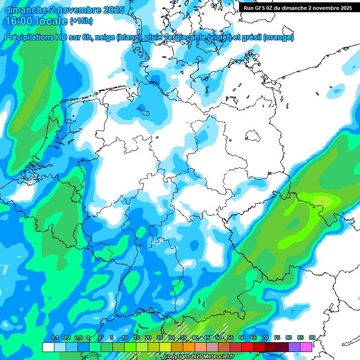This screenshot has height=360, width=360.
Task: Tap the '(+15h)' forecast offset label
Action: coord(81,21)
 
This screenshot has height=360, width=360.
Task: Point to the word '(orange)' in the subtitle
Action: coord(278,37)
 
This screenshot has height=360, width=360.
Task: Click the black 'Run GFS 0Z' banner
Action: coord(298,7)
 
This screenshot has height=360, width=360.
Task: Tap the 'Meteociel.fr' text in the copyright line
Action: coord(217,357)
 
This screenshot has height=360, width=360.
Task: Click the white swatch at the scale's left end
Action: coord(48,347)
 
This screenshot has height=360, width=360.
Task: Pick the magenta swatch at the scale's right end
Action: coord(306,347)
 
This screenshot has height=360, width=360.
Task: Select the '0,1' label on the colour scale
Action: coord(54,338)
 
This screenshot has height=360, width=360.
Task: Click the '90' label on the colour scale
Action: coord(312,338)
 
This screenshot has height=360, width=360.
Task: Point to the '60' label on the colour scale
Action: coord(242,338)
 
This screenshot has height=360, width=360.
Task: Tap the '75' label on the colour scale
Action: coord(277,338)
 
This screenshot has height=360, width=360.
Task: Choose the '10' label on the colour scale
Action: coord(125,338)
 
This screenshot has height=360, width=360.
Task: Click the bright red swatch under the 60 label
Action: coord(247,347)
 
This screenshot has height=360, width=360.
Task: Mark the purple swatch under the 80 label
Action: coord(294,347)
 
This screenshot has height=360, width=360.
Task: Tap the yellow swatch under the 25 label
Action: coord(165,347)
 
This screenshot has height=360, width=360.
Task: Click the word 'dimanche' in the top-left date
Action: coord(26,10)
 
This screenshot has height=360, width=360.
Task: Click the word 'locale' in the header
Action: coord(51,21)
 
